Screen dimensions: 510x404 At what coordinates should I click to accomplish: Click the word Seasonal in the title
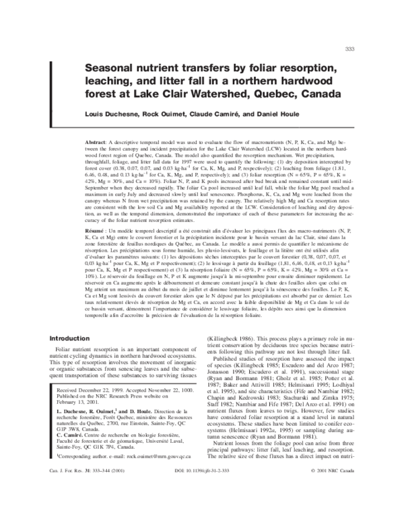click(114, 69)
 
